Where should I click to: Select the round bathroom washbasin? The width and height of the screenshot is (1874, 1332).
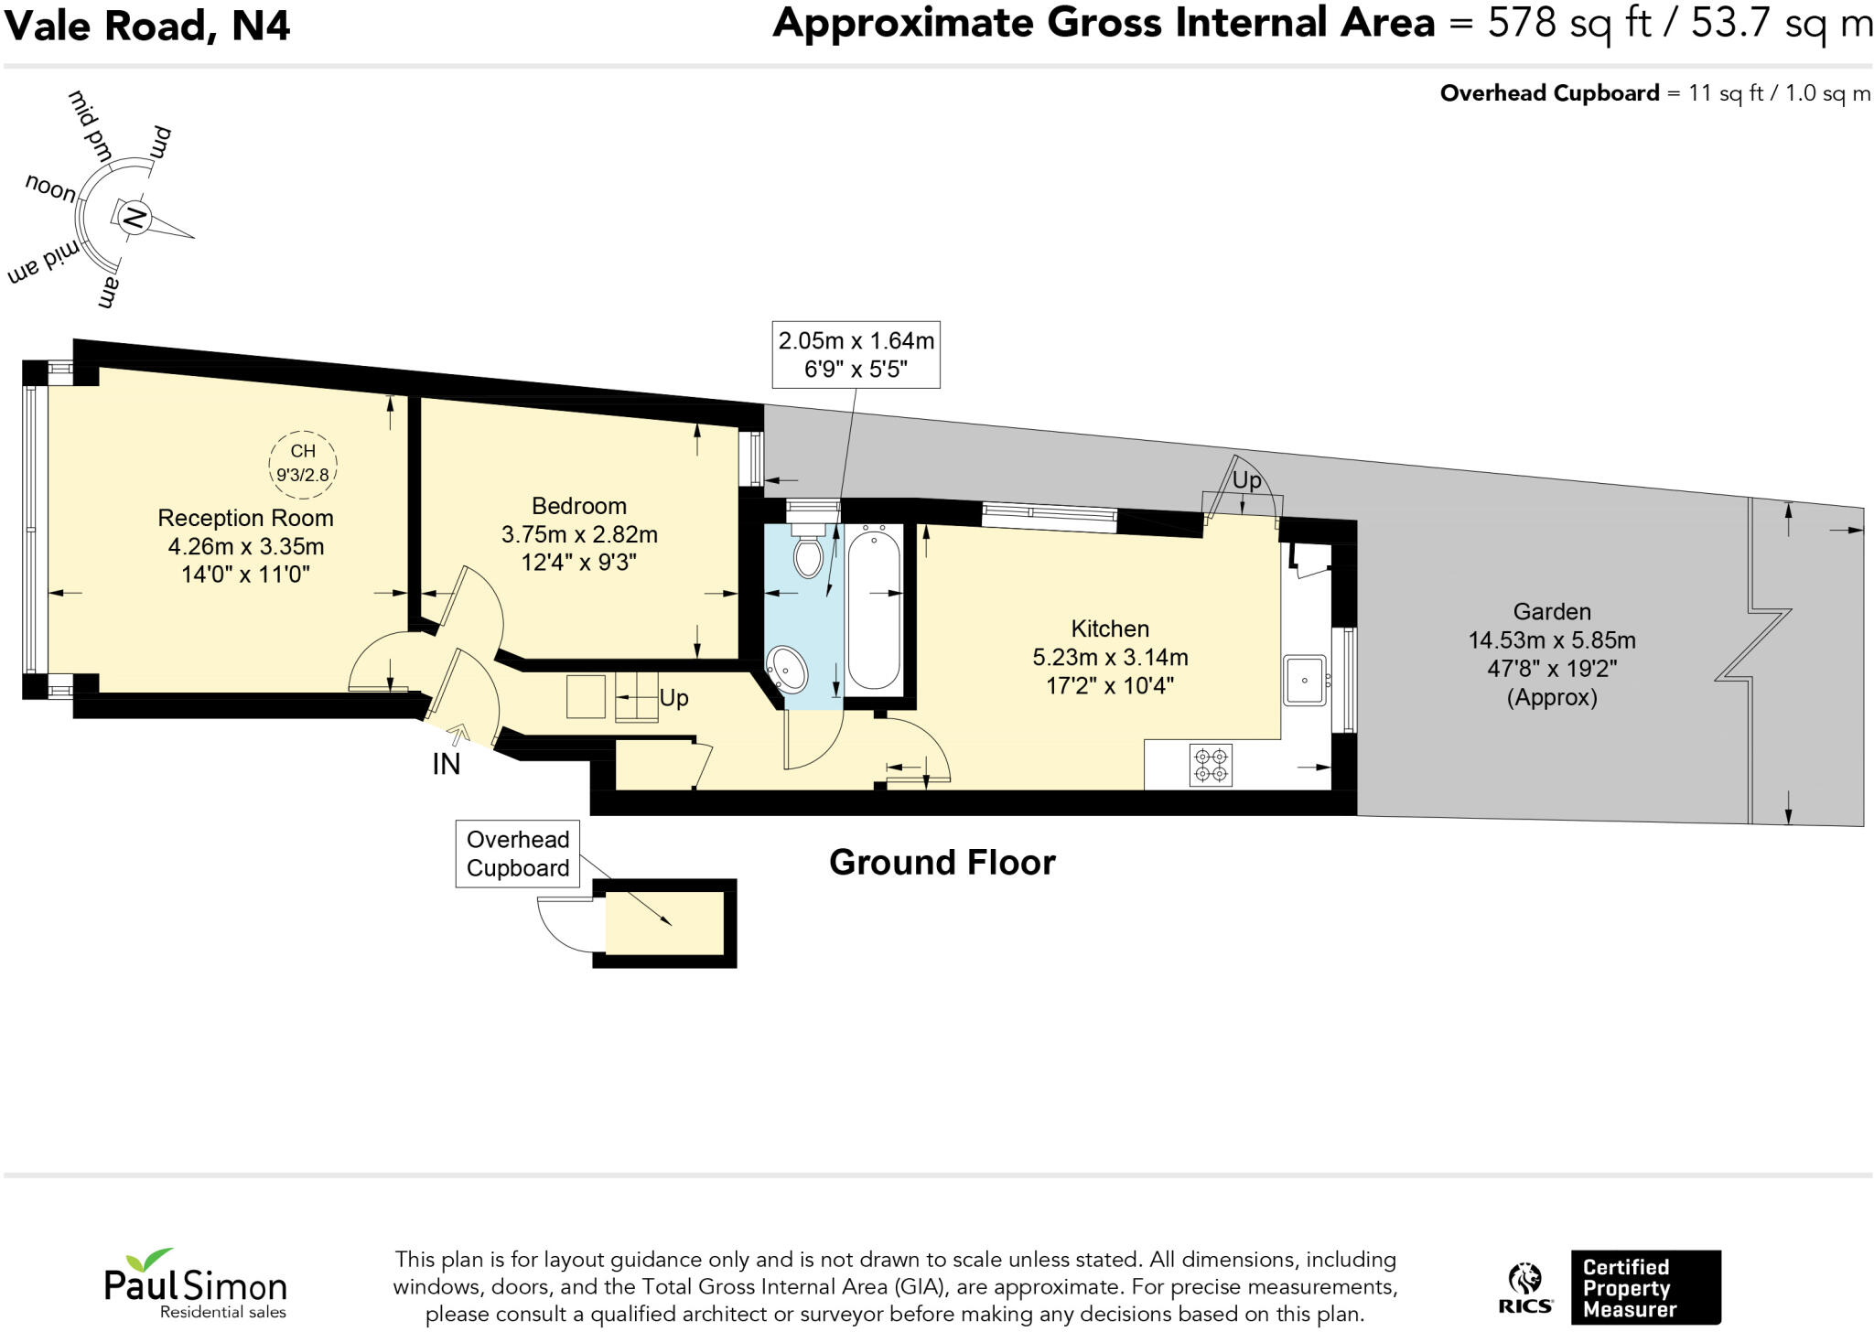pos(787,670)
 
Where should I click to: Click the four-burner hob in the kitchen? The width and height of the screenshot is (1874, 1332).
pos(1211,766)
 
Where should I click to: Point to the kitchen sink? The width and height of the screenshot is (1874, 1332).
pos(1304,680)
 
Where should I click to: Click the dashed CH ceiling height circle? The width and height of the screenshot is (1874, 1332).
pos(303,463)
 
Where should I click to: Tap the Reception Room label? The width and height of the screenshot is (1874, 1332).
pos(245,518)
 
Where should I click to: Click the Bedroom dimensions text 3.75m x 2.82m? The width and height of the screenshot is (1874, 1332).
pos(579,533)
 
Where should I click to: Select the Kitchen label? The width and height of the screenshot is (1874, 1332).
pos(1110,628)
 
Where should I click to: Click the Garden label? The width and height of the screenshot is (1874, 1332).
pos(1552,611)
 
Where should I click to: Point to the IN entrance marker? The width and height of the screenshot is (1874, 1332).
pos(447,764)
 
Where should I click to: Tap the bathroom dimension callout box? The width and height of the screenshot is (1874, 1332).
pos(856,355)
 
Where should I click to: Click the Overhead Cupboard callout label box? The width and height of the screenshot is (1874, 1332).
pos(518,854)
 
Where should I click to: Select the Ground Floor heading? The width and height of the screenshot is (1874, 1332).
pos(942,862)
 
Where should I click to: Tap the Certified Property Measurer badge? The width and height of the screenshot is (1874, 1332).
pos(1644,1288)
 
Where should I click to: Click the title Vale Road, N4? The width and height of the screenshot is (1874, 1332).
pos(148,25)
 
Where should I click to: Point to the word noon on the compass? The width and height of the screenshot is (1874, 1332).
pos(51,188)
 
